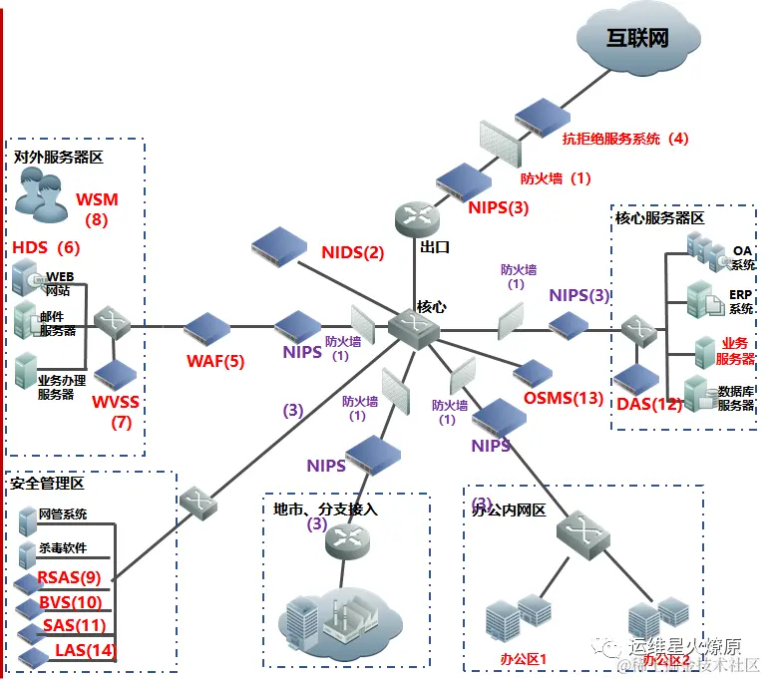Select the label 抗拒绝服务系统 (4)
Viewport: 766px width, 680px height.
coord(625,139)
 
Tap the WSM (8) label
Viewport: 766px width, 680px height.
coord(97,208)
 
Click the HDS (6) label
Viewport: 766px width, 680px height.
coord(46,246)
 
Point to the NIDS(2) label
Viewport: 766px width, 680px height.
coord(352,252)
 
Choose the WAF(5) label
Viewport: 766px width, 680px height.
coord(214,361)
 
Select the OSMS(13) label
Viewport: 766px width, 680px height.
coord(564,398)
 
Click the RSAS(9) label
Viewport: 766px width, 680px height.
coord(70,577)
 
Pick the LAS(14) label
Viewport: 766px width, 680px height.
coord(85,650)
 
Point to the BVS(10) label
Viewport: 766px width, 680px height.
coord(71,601)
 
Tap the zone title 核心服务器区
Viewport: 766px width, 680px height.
coord(659,217)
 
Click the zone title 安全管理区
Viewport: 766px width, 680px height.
coord(47,484)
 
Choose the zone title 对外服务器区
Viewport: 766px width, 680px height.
coord(59,157)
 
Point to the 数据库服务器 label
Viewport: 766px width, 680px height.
coord(735,398)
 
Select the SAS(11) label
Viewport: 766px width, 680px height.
coord(75,626)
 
